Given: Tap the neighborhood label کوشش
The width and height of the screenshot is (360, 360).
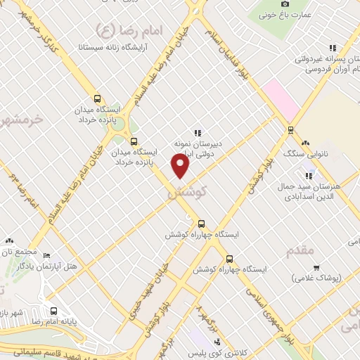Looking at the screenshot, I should coord(186,191).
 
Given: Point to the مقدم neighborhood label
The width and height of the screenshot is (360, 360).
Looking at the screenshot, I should coord(304,251).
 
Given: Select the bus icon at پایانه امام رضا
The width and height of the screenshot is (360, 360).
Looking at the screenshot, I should coord(53,310).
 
